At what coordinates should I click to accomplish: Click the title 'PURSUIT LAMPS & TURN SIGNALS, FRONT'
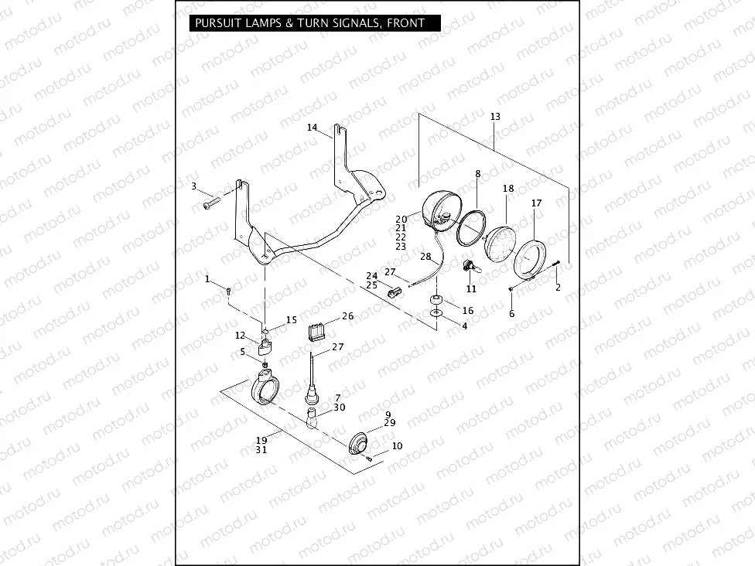[x=310, y=23]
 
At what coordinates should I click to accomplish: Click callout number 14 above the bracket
[x=313, y=128]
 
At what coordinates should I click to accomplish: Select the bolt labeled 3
[x=211, y=204]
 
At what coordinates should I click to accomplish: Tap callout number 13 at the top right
[x=495, y=117]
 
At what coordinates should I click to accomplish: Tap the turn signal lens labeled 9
[x=357, y=444]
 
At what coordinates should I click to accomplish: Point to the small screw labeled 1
[x=229, y=290]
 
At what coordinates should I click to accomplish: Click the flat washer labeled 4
[x=438, y=314]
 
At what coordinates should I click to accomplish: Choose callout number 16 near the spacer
[x=468, y=310]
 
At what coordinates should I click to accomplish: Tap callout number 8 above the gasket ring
[x=477, y=174]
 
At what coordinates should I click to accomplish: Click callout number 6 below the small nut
[x=511, y=314]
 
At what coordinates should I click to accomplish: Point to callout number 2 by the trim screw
[x=558, y=288]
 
